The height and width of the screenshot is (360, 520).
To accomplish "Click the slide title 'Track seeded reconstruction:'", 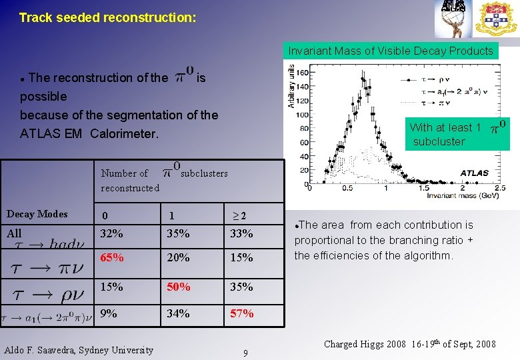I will [x=107, y=17].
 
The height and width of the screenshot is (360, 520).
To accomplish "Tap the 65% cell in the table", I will [x=111, y=257].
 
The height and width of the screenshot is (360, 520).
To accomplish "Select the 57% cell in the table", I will [x=241, y=313].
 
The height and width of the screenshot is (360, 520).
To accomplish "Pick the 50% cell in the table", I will [x=179, y=287].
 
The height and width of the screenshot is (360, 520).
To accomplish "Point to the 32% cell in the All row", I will [x=111, y=233].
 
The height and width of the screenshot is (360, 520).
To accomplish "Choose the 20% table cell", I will [x=179, y=257].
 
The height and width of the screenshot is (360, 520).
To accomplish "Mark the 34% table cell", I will [x=179, y=313].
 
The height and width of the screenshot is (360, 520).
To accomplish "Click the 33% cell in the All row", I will [x=241, y=233].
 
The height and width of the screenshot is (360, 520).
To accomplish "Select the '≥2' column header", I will [x=239, y=215].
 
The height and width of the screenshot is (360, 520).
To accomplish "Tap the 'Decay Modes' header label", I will [x=37, y=214].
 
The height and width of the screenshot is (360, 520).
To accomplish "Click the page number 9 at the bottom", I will [x=245, y=353].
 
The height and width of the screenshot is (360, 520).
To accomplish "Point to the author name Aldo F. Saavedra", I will [x=79, y=350].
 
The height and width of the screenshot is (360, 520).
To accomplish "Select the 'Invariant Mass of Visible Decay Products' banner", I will [x=391, y=51].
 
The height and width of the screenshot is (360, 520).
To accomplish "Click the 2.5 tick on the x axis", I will [x=501, y=188].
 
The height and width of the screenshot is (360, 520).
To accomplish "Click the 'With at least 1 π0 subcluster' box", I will [x=457, y=133].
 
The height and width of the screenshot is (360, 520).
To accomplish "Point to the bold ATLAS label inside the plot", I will [x=475, y=173].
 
